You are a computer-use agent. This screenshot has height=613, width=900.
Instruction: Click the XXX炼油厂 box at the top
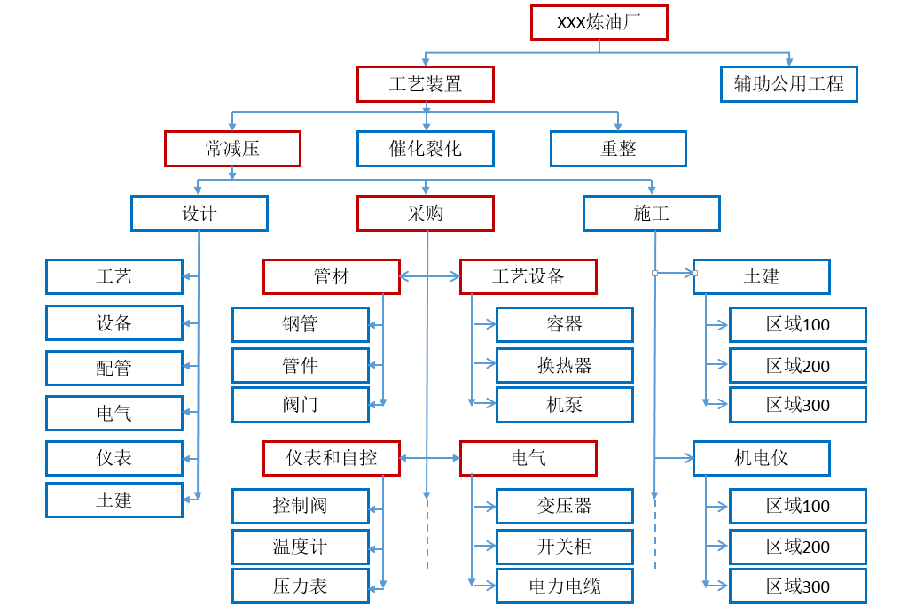click(x=599, y=22)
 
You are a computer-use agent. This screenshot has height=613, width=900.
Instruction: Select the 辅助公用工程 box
click(x=788, y=84)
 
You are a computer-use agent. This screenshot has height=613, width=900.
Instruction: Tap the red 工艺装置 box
click(x=425, y=84)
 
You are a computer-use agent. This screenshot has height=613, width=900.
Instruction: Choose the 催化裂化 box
click(x=425, y=149)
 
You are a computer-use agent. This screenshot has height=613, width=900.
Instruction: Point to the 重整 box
click(x=618, y=149)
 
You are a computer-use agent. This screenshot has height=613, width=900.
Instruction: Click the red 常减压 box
click(x=232, y=149)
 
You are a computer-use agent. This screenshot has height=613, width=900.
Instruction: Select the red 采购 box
click(x=425, y=213)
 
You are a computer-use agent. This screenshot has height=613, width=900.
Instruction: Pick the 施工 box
click(x=651, y=213)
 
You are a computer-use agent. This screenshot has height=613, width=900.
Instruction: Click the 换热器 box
click(x=564, y=365)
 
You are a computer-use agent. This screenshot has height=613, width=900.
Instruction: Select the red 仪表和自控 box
click(x=331, y=458)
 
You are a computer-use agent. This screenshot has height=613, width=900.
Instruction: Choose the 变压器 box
click(x=564, y=506)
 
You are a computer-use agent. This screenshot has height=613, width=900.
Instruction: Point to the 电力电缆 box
click(x=564, y=586)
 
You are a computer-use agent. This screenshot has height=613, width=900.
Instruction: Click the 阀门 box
click(x=300, y=405)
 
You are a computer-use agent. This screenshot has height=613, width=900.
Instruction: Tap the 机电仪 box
click(x=761, y=458)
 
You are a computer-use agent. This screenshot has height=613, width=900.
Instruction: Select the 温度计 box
click(x=300, y=547)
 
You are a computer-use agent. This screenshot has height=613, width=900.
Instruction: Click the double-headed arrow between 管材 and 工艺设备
click(x=429, y=276)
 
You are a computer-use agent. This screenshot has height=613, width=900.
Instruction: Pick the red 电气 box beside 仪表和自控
click(x=528, y=458)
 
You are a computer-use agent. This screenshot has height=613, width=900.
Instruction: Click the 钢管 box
click(x=300, y=324)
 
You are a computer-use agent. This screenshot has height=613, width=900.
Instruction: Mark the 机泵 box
click(x=564, y=405)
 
